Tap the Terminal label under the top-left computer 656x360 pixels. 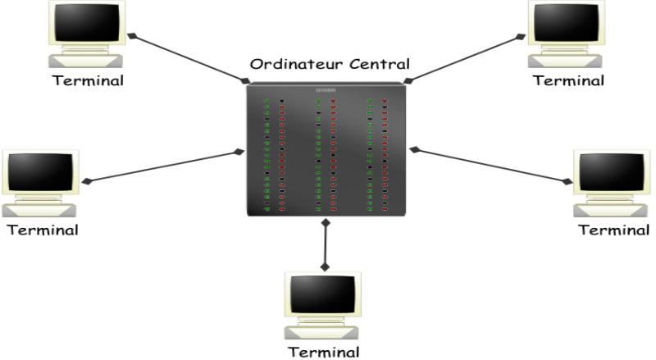87,80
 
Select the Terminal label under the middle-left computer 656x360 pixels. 43,229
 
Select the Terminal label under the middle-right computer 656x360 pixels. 614,229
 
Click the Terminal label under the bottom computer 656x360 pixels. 323,353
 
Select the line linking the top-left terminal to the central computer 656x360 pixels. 189,58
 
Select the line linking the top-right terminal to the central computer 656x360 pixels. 465,58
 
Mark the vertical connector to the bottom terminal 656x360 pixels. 326,244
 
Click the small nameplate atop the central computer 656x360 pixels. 328,90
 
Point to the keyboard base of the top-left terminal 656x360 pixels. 85,62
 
